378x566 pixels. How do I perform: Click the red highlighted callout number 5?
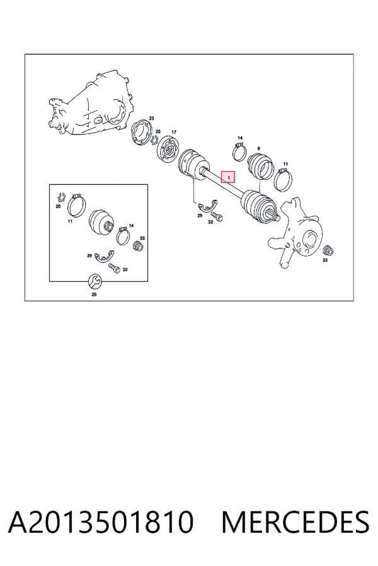point(228,177)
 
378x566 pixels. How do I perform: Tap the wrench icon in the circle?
point(96,281)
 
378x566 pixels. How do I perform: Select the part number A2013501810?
point(101,522)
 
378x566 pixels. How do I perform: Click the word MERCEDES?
point(295,522)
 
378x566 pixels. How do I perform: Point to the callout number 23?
point(152,118)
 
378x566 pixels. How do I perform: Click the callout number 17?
point(174,132)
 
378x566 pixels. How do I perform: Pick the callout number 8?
point(259,148)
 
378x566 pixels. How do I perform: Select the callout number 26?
point(94,294)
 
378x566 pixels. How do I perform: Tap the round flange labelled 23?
point(141,133)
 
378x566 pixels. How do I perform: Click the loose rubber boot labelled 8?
point(260,166)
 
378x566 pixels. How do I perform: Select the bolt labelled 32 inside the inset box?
point(114,269)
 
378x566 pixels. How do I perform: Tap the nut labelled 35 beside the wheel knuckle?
point(328,250)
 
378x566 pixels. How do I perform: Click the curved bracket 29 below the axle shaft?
point(207,206)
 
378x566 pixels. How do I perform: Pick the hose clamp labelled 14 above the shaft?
point(239,152)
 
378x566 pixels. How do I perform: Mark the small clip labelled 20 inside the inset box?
point(60,197)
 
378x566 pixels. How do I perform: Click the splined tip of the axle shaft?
point(275,216)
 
